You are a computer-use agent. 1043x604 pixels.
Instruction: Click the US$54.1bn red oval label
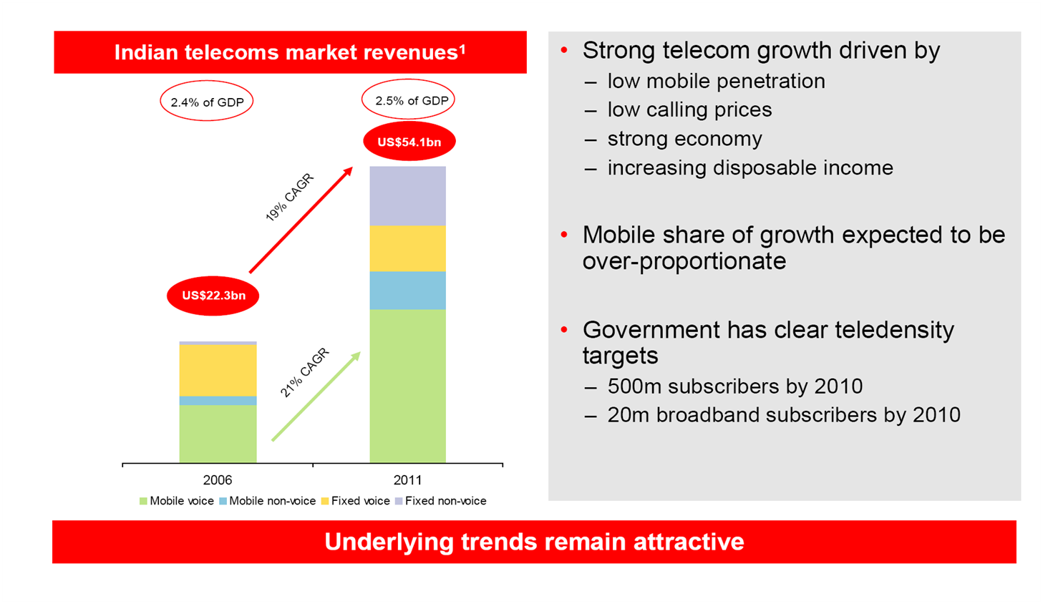(x=409, y=142)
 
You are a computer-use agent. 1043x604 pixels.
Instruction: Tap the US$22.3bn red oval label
(x=213, y=296)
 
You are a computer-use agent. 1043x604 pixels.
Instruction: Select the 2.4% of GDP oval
(x=207, y=102)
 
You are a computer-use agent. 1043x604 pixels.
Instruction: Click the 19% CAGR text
(x=289, y=198)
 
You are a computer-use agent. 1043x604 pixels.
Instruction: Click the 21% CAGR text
(x=304, y=372)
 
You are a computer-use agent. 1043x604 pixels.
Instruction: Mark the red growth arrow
(x=301, y=220)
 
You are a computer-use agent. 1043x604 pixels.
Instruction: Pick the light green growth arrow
(x=316, y=396)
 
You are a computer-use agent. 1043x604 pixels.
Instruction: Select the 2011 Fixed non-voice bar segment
(x=407, y=195)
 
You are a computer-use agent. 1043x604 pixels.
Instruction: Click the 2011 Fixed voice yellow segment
(x=407, y=248)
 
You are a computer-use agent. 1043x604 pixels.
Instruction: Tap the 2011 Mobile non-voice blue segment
(x=407, y=291)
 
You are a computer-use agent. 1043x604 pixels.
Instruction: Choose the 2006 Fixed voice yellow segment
(x=218, y=370)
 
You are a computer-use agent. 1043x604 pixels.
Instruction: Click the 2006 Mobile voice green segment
(x=218, y=433)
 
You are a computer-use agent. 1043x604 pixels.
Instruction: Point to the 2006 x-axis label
(x=217, y=480)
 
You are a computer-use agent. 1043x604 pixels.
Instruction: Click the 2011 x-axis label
(x=407, y=480)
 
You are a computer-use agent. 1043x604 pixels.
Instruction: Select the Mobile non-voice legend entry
(x=267, y=501)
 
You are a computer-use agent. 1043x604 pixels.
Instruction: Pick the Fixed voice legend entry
(x=356, y=501)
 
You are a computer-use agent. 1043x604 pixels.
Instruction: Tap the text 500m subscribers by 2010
(x=734, y=386)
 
